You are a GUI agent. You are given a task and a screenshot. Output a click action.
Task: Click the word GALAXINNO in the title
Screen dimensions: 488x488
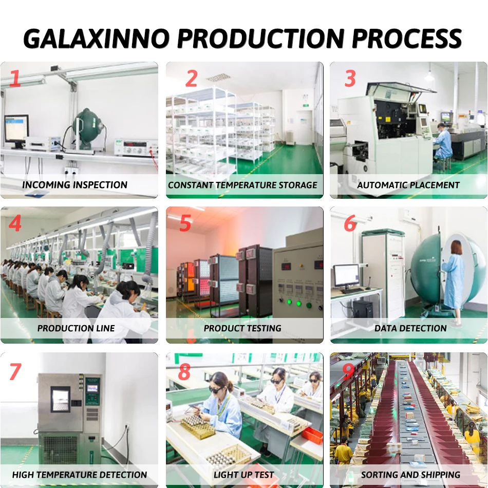tap(96, 39)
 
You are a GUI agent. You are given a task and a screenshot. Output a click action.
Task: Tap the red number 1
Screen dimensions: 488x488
tap(15, 79)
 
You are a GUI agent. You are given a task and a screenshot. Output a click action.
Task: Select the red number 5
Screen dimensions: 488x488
tap(185, 224)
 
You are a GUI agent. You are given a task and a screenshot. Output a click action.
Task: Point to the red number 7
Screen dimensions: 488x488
tap(16, 371)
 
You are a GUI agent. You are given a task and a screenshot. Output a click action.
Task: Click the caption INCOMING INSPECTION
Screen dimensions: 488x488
tap(75, 185)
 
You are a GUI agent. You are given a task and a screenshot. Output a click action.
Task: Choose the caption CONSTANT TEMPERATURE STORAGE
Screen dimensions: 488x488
tap(243, 185)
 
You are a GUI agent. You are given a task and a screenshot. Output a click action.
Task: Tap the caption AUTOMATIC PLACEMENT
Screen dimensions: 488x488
tap(408, 185)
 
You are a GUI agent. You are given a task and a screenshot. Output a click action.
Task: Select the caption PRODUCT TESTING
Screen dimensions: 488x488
tap(242, 328)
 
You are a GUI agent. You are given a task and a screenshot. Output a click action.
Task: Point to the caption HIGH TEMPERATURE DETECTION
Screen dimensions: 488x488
tap(80, 475)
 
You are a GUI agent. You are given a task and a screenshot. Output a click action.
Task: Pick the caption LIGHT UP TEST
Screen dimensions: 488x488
tap(243, 475)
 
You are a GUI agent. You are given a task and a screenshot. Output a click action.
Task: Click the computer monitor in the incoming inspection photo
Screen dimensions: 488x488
tap(16, 128)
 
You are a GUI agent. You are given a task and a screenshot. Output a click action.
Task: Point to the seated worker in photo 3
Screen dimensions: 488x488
tap(442, 141)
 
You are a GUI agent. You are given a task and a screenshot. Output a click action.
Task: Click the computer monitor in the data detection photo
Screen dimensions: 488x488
tap(346, 276)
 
